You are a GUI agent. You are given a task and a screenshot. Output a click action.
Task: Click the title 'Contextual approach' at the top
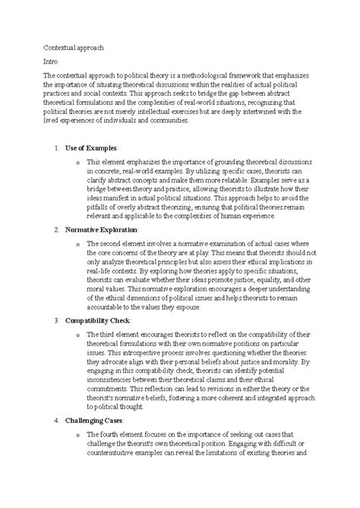[78, 47]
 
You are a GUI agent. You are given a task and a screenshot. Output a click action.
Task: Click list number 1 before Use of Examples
[58, 146]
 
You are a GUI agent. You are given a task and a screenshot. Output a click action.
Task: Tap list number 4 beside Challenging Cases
[58, 420]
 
